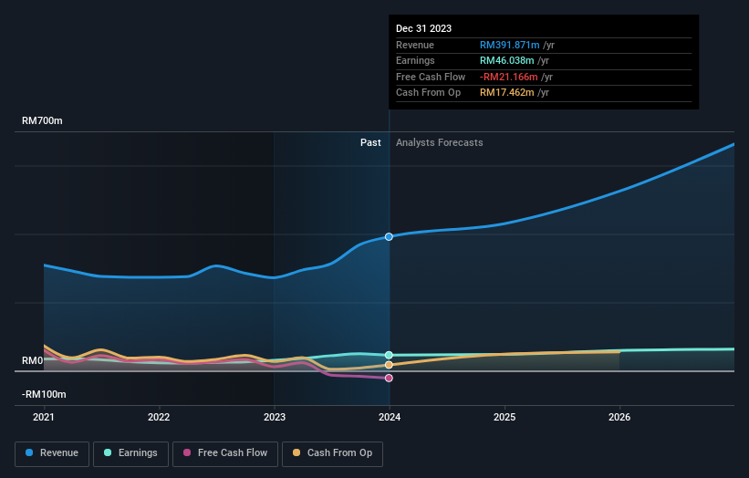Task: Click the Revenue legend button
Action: tap(52, 452)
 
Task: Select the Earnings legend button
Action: tap(130, 452)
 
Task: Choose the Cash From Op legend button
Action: tap(332, 452)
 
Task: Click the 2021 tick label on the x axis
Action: tap(44, 418)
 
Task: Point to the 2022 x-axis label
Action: tap(159, 418)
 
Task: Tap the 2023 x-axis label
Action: tap(275, 418)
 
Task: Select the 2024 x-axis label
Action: tap(390, 418)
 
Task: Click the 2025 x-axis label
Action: tap(505, 418)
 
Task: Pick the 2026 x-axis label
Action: tap(619, 418)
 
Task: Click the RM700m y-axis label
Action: tap(43, 121)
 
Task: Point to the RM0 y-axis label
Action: tap(33, 360)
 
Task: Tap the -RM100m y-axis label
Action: tap(45, 394)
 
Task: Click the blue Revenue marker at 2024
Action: tap(390, 236)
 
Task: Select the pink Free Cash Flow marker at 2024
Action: tap(390, 378)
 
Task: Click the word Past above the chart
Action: tap(370, 142)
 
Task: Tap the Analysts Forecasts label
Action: tap(439, 142)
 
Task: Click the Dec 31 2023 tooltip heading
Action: tap(423, 29)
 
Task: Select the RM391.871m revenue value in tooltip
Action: tap(510, 46)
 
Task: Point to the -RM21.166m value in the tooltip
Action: tap(509, 77)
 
